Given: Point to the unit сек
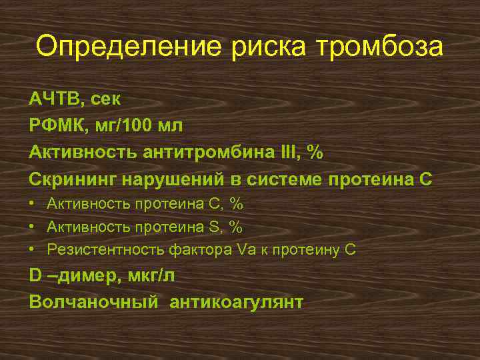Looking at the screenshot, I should tap(107, 99).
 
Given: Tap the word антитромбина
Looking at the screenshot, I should tap(214, 153).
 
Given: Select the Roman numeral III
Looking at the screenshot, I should tap(291, 153).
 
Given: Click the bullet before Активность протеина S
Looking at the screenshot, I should tap(33, 227).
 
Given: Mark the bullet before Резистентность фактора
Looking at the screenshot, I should tap(33, 250).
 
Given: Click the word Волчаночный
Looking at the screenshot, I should tap(94, 302).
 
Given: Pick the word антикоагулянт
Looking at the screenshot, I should tap(236, 302).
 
